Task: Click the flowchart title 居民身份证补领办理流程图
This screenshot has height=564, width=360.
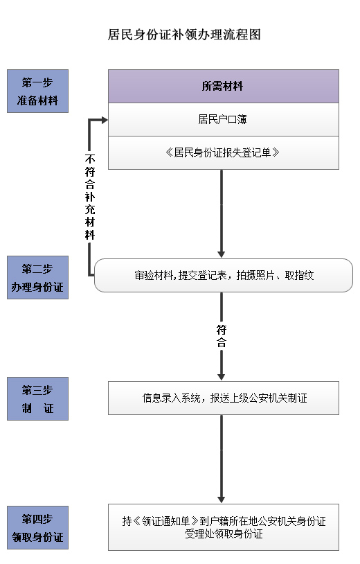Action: pos(184,35)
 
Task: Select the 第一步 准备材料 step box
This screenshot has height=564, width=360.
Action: pos(37,91)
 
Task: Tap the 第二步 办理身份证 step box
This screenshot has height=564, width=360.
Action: pos(37,277)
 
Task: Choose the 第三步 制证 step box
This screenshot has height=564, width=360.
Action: pos(37,398)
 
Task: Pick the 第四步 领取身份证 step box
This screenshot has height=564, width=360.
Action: pos(37,527)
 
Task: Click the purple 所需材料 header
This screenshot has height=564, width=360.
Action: pos(224,87)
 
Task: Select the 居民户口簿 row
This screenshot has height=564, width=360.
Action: pos(224,119)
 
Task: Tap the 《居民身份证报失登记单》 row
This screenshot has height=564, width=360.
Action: pos(224,153)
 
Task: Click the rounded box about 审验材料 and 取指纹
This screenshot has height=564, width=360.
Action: pos(224,275)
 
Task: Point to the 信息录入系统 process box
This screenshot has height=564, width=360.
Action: pos(224,398)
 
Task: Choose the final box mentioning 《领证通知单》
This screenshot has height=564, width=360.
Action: pos(224,527)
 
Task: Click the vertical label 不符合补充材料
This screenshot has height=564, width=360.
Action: pos(90,197)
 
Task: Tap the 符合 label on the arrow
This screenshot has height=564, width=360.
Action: pos(222,336)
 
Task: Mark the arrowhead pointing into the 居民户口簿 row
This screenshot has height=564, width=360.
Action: pos(105,120)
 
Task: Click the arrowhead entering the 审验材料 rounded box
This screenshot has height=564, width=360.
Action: pos(222,255)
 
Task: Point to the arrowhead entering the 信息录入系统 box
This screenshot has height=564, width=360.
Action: pos(222,378)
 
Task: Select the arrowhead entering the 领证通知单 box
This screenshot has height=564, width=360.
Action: pos(222,500)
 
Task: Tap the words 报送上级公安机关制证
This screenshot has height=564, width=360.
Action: pos(259,398)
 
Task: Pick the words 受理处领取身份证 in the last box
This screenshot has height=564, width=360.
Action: pos(224,534)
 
